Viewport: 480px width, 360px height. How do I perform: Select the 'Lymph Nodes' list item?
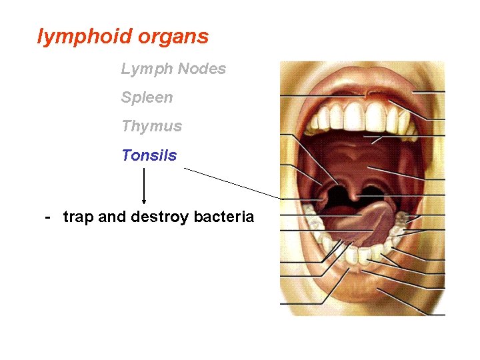coord(173,69)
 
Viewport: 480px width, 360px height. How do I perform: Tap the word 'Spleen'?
coord(147,97)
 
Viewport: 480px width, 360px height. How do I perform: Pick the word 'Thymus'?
coord(151,126)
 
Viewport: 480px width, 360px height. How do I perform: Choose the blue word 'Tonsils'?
coord(149,155)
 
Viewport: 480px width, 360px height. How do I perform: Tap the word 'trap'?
coord(79,217)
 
